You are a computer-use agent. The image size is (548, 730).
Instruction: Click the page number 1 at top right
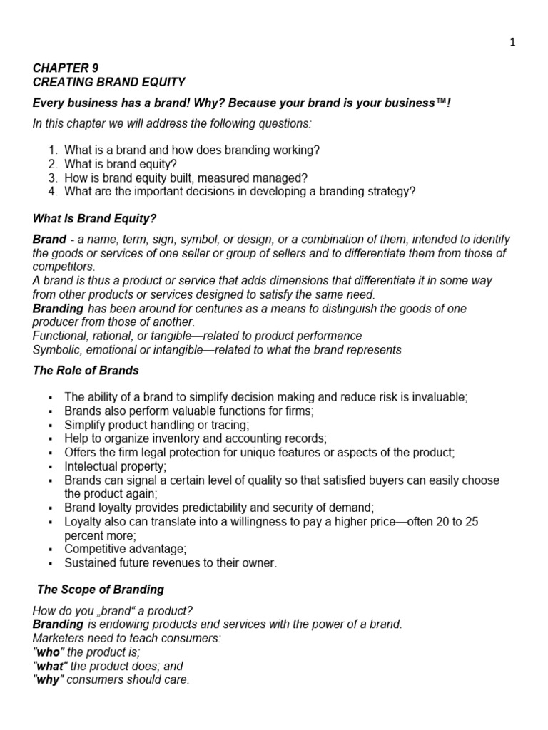pyautogui.click(x=512, y=42)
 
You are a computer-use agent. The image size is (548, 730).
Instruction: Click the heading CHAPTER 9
pyautogui.click(x=66, y=68)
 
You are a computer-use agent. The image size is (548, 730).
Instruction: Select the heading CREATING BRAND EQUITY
pyautogui.click(x=108, y=82)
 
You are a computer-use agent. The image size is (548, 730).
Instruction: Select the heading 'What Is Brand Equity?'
pyautogui.click(x=94, y=219)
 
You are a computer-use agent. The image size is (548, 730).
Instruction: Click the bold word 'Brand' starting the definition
pyautogui.click(x=49, y=240)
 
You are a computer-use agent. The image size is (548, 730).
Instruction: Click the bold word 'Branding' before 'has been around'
pyautogui.click(x=58, y=308)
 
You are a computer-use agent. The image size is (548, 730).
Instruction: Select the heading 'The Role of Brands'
pyautogui.click(x=86, y=371)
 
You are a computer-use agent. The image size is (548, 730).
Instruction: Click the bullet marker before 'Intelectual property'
pyautogui.click(x=50, y=467)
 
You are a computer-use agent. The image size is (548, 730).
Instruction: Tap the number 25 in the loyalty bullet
pyautogui.click(x=472, y=522)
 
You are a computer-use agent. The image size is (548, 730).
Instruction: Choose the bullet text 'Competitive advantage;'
pyautogui.click(x=125, y=549)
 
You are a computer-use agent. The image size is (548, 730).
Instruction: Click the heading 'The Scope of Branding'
pyautogui.click(x=100, y=590)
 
